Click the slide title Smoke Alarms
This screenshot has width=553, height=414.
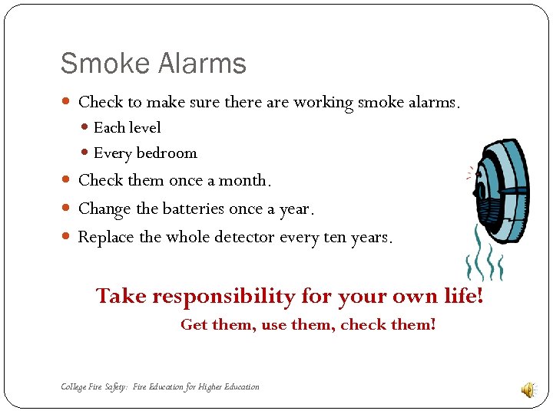(153, 63)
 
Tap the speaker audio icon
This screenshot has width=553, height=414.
(528, 390)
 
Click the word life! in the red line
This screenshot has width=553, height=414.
(464, 296)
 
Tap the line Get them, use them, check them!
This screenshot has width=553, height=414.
(308, 325)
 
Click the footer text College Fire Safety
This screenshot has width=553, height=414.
(95, 387)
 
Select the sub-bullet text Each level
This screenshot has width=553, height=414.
(127, 127)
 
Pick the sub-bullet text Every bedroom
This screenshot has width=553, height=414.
(144, 153)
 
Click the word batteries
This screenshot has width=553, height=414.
(200, 209)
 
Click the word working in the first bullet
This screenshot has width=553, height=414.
(323, 103)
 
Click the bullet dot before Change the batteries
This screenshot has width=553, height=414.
(65, 209)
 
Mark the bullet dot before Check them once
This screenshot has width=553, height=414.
(65, 181)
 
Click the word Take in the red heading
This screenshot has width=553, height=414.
(121, 296)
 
